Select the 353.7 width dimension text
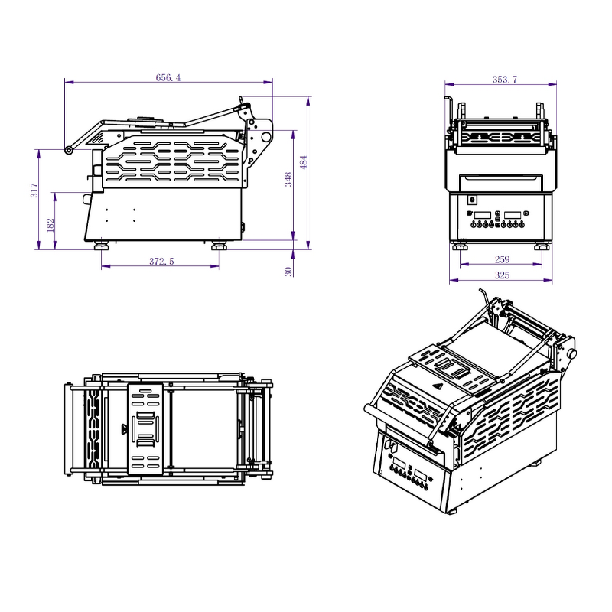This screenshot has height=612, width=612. (x=503, y=79)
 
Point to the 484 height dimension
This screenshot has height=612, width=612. (x=303, y=162)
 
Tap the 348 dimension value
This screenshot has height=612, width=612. (x=288, y=181)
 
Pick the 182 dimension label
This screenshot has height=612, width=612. (x=50, y=224)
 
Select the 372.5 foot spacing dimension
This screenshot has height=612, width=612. (x=161, y=262)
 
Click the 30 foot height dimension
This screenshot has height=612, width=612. (x=288, y=272)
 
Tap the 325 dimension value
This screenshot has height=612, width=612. (x=502, y=275)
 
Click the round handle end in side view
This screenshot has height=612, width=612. (x=69, y=150)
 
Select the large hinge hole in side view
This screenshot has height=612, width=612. (x=265, y=137)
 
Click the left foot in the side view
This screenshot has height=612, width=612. (x=101, y=246)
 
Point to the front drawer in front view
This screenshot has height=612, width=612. (x=501, y=182)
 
